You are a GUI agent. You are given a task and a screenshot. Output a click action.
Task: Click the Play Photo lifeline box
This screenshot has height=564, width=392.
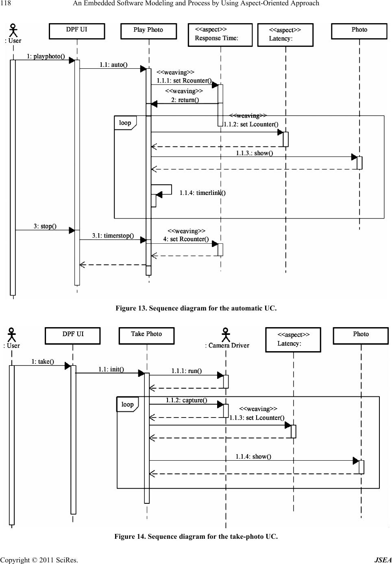(x=148, y=31)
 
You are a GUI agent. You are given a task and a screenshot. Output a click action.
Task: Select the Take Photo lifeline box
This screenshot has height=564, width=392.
(x=146, y=335)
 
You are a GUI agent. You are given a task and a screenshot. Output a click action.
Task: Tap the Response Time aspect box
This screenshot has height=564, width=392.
(x=220, y=35)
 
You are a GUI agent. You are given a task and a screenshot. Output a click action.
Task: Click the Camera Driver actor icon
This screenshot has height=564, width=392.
(x=226, y=335)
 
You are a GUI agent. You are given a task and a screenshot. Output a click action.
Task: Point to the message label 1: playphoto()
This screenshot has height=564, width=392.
(x=46, y=56)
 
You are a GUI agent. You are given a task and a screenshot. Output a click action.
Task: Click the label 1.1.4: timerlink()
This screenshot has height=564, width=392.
(x=203, y=193)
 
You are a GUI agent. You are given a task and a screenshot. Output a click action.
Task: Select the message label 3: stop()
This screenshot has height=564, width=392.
(x=45, y=226)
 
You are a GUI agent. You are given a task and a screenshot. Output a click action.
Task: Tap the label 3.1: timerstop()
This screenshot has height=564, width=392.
(x=113, y=236)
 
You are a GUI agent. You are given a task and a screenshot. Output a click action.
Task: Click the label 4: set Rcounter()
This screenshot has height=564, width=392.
(x=186, y=239)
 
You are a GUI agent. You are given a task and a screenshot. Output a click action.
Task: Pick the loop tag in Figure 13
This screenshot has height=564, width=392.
(x=125, y=123)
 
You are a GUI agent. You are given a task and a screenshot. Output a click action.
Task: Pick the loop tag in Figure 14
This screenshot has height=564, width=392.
(x=127, y=404)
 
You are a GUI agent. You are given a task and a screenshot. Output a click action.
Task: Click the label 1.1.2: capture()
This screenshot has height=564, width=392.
(x=186, y=400)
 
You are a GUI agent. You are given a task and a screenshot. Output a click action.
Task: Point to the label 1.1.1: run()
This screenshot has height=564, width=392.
(x=186, y=371)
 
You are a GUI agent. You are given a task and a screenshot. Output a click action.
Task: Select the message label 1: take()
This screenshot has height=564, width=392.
(x=43, y=361)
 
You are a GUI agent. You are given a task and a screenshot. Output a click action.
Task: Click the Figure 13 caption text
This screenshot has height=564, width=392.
(x=196, y=308)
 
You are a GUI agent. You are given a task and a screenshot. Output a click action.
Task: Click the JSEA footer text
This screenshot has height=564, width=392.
(x=383, y=560)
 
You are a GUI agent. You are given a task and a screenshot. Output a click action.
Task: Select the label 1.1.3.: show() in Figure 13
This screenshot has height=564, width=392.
(x=255, y=153)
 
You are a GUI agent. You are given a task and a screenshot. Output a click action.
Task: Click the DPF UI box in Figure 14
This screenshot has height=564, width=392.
(x=73, y=335)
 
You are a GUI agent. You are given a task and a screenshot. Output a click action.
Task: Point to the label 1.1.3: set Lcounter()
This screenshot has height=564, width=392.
(x=257, y=418)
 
